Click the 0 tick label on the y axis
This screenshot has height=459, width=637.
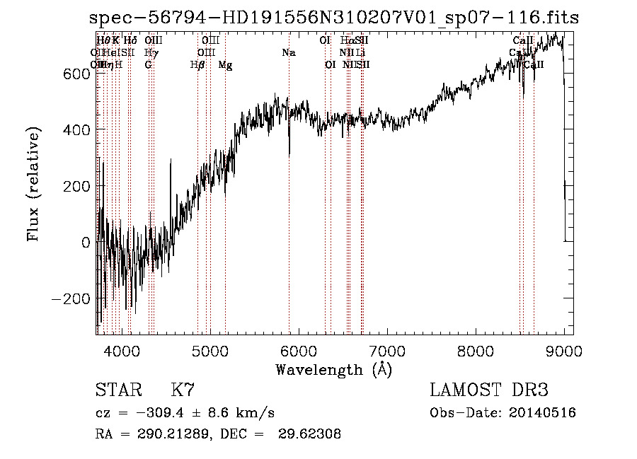(x=86, y=243)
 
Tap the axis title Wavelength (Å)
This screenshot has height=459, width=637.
(x=333, y=368)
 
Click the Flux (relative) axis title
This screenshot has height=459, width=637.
(x=34, y=185)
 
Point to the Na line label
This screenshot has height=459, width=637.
(x=288, y=53)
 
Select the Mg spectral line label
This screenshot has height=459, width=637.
(x=225, y=65)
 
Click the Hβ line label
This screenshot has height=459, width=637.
(x=197, y=65)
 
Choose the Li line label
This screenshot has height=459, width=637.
(x=360, y=53)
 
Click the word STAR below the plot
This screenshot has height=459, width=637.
(x=118, y=390)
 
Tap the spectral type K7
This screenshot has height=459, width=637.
(x=183, y=390)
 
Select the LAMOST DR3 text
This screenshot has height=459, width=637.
(x=489, y=390)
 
